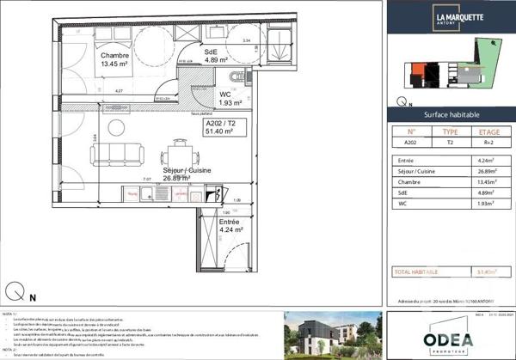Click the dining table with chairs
[178, 152]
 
